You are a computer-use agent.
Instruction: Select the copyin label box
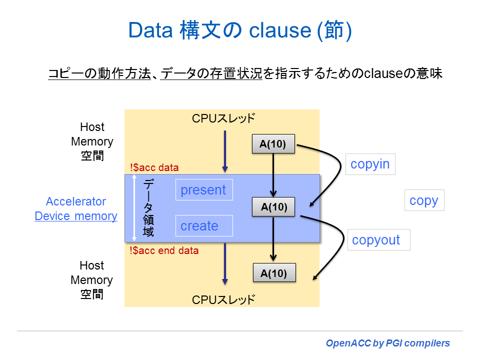pyautogui.click(x=370, y=164)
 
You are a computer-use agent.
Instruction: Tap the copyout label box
pyautogui.click(x=378, y=240)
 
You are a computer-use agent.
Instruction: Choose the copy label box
pyautogui.click(x=423, y=200)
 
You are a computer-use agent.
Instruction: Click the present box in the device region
pyautogui.click(x=203, y=190)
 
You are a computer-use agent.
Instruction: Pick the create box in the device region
pyautogui.click(x=203, y=226)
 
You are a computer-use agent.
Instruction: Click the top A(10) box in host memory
pyautogui.click(x=273, y=144)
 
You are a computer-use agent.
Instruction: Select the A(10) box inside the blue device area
pyautogui.click(x=273, y=207)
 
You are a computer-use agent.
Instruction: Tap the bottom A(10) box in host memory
pyautogui.click(x=274, y=273)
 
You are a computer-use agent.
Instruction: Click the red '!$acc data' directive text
pyautogui.click(x=154, y=167)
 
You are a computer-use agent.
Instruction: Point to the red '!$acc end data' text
pyautogui.click(x=164, y=250)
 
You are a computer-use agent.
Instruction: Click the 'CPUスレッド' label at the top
pyautogui.click(x=223, y=118)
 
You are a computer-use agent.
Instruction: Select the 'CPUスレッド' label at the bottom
pyautogui.click(x=223, y=299)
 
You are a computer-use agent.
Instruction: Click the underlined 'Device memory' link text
pyautogui.click(x=76, y=216)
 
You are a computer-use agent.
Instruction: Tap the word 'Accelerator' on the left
pyautogui.click(x=76, y=201)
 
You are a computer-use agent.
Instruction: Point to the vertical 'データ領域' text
pyautogui.click(x=148, y=208)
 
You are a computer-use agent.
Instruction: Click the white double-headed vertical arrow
pyautogui.click(x=134, y=208)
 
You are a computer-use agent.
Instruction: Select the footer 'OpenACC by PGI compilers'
pyautogui.click(x=387, y=343)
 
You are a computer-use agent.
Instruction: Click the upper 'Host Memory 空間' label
pyautogui.click(x=92, y=141)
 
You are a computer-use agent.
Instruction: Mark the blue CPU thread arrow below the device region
pyautogui.click(x=225, y=263)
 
